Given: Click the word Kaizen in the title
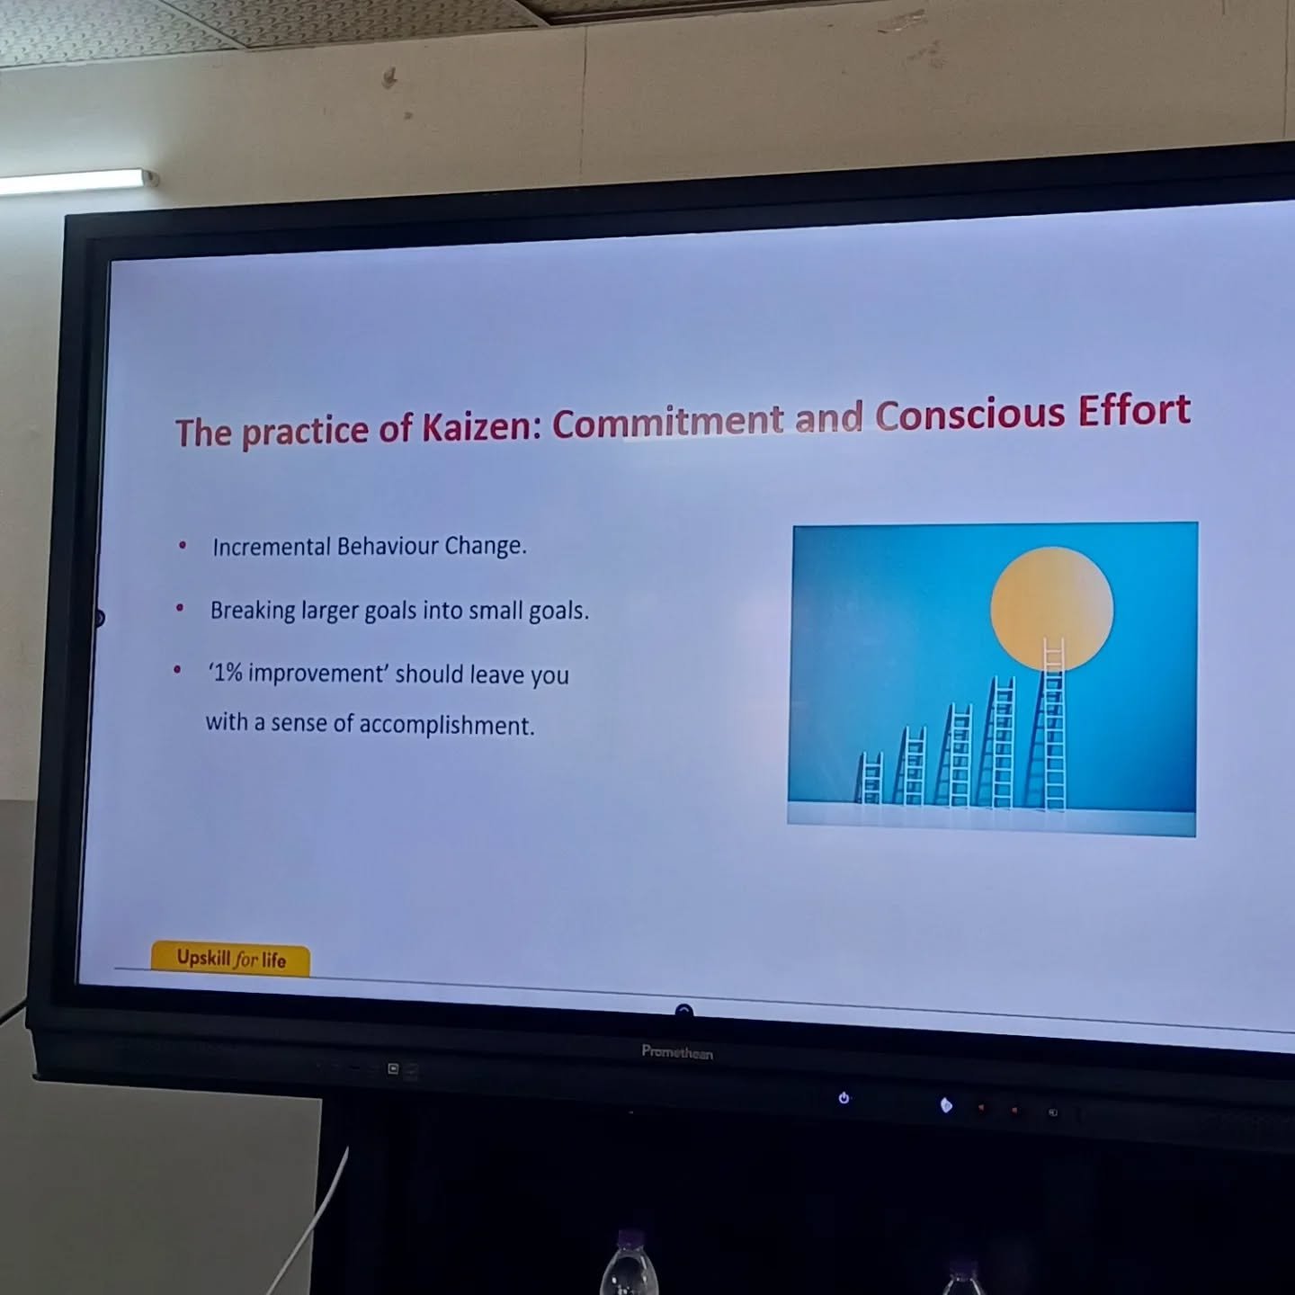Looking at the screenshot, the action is tap(477, 426).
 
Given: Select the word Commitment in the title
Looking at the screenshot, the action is tap(668, 421).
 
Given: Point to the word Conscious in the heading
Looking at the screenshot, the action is tap(970, 414).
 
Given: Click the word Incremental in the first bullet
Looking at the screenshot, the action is tap(272, 547).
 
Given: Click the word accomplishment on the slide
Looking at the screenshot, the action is tap(446, 725).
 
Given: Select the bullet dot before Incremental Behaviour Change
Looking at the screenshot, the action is tap(183, 546).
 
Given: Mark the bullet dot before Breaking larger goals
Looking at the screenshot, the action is tap(180, 608).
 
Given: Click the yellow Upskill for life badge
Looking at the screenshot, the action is tap(230, 958).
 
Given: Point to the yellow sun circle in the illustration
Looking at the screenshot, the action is tap(1051, 608).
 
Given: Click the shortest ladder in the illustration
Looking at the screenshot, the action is tap(871, 778).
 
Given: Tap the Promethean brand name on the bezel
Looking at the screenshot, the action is tap(677, 1051).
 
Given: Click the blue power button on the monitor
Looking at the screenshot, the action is tap(844, 1098).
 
